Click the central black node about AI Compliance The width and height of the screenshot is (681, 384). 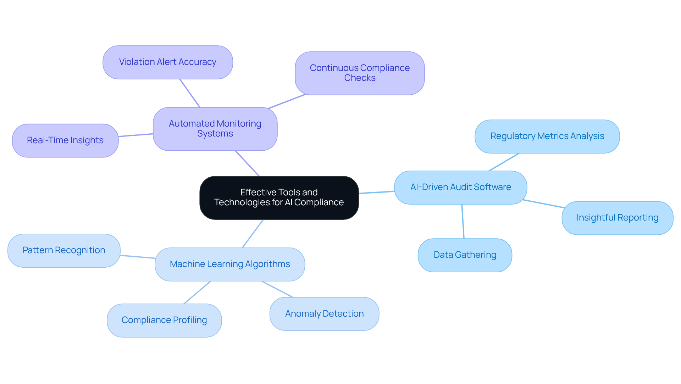click(279, 197)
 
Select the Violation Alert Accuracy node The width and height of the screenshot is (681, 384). click(167, 62)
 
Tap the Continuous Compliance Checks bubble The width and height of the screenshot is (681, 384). click(359, 73)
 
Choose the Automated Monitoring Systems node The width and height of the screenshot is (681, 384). click(215, 129)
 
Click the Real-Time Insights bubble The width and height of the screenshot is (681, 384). click(65, 140)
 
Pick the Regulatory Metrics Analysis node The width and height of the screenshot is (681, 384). click(547, 136)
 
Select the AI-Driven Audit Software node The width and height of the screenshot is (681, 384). click(460, 187)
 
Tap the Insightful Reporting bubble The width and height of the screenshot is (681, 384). click(617, 218)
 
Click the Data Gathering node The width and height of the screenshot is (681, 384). click(465, 255)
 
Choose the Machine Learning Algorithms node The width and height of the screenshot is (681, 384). click(229, 264)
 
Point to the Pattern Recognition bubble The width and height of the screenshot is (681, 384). click(64, 250)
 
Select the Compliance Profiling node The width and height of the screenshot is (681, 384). click(164, 320)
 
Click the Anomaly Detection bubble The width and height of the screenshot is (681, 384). click(324, 314)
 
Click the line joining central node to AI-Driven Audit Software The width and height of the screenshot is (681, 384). click(377, 192)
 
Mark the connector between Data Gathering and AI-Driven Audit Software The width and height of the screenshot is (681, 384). click(463, 221)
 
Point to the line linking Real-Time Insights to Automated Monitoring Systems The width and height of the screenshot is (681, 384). click(135, 135)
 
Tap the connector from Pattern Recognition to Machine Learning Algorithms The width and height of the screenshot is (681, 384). click(138, 257)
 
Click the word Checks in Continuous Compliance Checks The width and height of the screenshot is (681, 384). click(360, 78)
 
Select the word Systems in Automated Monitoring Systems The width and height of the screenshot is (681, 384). click(215, 134)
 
